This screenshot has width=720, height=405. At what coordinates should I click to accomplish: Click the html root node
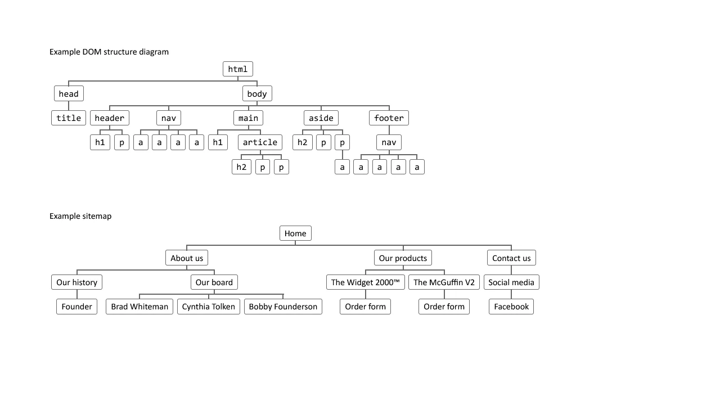pyautogui.click(x=237, y=69)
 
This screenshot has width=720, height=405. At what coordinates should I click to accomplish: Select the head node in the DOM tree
pyautogui.click(x=69, y=93)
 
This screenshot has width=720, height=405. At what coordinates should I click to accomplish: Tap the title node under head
pyautogui.click(x=69, y=118)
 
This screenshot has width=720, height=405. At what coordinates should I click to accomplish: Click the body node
pyautogui.click(x=257, y=93)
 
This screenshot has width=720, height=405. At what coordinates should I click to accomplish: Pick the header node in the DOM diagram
pyautogui.click(x=109, y=118)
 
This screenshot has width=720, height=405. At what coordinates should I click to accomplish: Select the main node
pyautogui.click(x=248, y=118)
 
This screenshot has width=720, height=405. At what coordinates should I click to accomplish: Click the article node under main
pyautogui.click(x=260, y=142)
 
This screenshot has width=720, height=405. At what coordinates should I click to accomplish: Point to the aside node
pyautogui.click(x=321, y=118)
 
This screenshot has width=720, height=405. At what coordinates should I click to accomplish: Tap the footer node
pyautogui.click(x=389, y=118)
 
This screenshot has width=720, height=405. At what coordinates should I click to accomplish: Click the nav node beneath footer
pyautogui.click(x=389, y=142)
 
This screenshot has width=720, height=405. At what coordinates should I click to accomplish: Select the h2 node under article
pyautogui.click(x=241, y=167)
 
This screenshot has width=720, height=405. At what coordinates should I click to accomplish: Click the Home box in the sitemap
pyautogui.click(x=295, y=233)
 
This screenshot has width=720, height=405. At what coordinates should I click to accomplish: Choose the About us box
pyautogui.click(x=187, y=258)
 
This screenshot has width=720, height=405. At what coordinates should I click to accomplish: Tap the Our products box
pyautogui.click(x=403, y=258)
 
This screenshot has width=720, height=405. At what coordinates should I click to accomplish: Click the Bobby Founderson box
pyautogui.click(x=283, y=307)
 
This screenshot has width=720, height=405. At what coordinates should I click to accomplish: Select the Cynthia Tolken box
pyautogui.click(x=209, y=307)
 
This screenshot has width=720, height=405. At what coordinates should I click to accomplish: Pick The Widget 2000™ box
pyautogui.click(x=366, y=282)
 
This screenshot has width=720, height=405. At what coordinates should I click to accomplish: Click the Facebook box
pyautogui.click(x=511, y=307)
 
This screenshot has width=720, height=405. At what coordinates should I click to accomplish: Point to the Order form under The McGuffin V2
pyautogui.click(x=444, y=307)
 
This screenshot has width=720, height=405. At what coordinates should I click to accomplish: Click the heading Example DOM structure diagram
pyautogui.click(x=109, y=52)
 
